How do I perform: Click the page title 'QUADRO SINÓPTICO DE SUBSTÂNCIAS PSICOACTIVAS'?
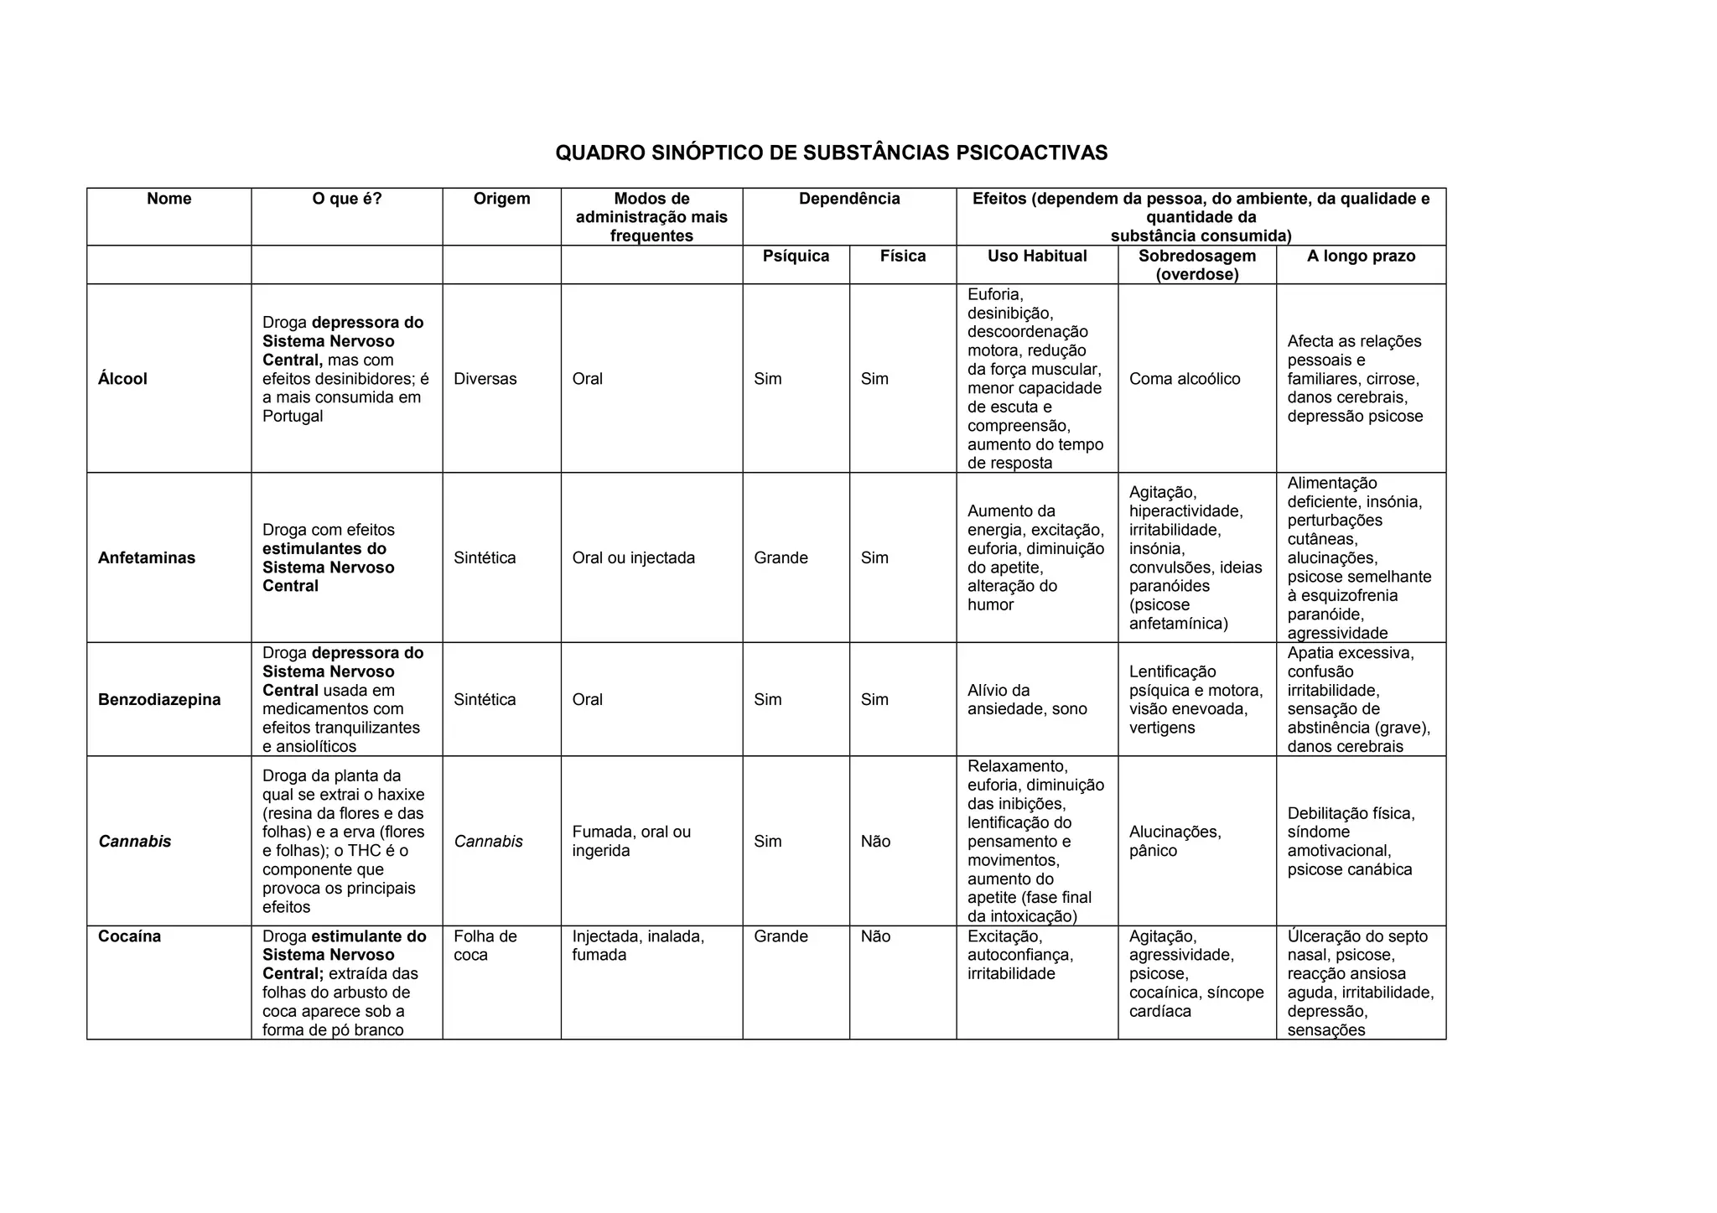point(831,153)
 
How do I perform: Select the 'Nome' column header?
point(169,199)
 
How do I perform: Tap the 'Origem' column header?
point(501,199)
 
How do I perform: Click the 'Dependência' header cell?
point(849,199)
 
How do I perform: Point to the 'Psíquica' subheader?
point(796,256)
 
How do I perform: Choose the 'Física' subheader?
point(903,256)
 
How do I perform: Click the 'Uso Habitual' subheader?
point(1037,256)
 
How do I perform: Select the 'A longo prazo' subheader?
point(1361,256)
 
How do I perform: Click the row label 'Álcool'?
point(122,379)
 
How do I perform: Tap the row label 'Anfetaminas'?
point(147,558)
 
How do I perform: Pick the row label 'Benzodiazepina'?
point(159,700)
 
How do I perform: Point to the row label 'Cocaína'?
point(129,936)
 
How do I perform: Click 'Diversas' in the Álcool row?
point(485,379)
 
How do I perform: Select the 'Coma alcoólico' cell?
point(1185,379)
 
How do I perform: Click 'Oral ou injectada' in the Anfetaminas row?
point(634,558)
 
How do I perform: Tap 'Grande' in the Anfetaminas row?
point(781,558)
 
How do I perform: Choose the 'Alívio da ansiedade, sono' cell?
point(1027,700)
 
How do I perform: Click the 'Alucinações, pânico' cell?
point(1175,842)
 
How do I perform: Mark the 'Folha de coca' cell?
point(485,946)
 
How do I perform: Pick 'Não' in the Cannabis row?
point(875,842)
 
